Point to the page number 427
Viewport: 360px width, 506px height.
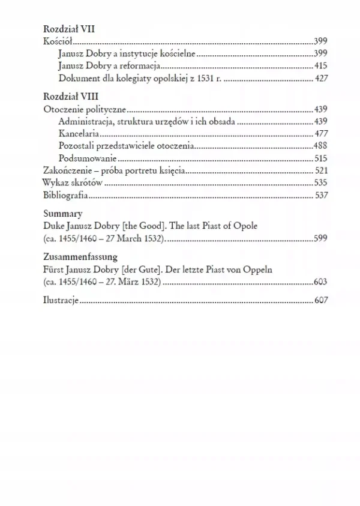tap(320, 78)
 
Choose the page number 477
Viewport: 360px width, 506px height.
tap(320, 134)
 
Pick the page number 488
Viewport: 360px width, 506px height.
tap(320, 146)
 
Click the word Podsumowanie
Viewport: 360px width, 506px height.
tap(87, 159)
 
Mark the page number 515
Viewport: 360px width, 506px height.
tap(320, 159)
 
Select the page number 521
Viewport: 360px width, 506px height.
tap(320, 171)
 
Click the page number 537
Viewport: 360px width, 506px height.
tap(320, 196)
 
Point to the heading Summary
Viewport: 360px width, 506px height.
tap(63, 214)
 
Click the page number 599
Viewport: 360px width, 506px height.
tap(320, 239)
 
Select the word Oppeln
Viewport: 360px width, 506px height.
tap(258, 270)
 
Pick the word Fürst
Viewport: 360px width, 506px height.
tap(55, 270)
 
